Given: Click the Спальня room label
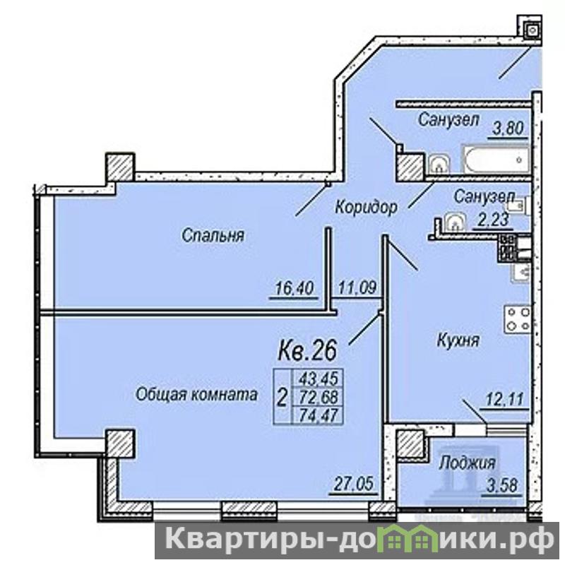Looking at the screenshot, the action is (213, 236).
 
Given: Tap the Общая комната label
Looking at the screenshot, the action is (196, 394).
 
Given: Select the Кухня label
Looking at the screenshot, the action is (458, 340).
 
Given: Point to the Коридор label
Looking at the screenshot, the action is (367, 207).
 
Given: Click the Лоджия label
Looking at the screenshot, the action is (468, 463).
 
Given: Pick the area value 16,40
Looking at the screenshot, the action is (295, 288).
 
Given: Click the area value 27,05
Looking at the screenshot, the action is (354, 484).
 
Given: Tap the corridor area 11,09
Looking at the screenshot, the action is (357, 287).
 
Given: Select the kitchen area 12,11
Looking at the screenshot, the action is (504, 399).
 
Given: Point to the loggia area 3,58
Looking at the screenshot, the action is (502, 485).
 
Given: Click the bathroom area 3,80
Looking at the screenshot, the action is (508, 129).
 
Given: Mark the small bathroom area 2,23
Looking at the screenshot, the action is (493, 219).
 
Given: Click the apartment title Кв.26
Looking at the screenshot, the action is (307, 350).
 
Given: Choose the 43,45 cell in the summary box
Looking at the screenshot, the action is (319, 379).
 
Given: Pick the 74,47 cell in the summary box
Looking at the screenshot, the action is (319, 415).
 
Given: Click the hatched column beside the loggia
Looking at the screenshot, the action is (410, 444).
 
